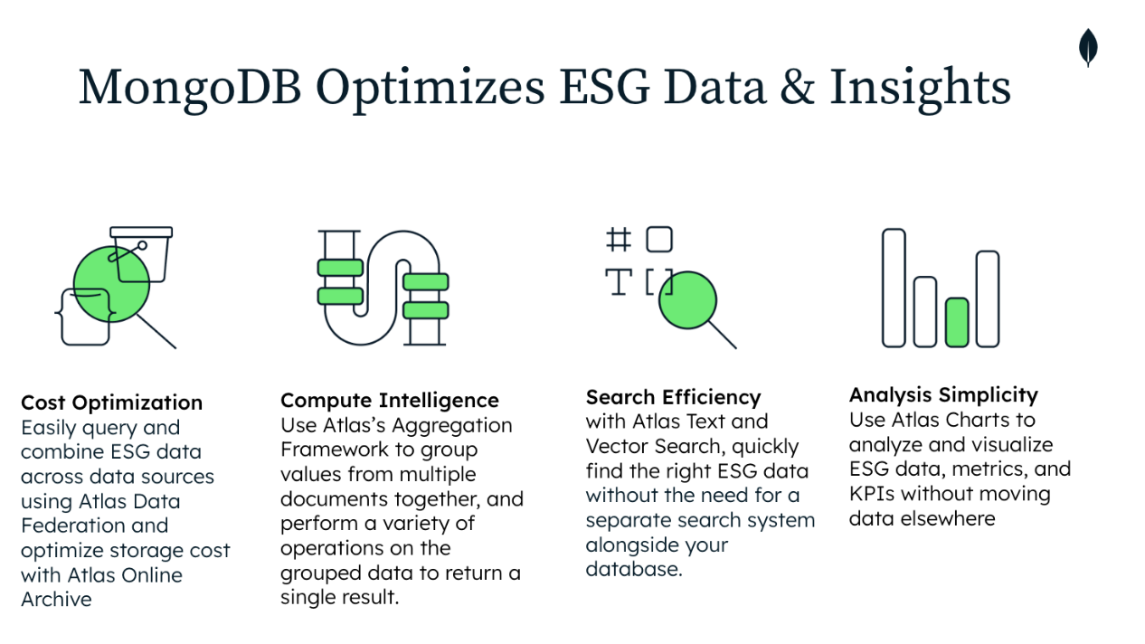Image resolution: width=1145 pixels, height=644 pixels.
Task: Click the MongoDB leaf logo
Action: tap(1088, 47)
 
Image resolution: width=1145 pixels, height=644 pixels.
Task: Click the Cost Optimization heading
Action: tap(111, 402)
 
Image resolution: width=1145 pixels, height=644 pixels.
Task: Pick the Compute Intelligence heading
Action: tap(389, 400)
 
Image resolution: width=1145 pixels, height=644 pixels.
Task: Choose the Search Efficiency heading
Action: tap(673, 397)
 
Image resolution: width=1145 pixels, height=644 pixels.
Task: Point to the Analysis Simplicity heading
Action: tap(942, 394)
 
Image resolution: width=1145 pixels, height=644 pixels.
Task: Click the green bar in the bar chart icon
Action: tap(957, 322)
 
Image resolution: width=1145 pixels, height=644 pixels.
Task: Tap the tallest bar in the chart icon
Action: tap(894, 288)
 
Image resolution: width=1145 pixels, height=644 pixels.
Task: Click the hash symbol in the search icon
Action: tap(619, 240)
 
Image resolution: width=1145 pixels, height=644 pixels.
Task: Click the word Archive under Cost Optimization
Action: tap(56, 599)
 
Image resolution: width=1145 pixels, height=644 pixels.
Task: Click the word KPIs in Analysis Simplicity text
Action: tap(875, 494)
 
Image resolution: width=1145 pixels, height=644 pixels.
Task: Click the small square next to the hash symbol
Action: tap(659, 240)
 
